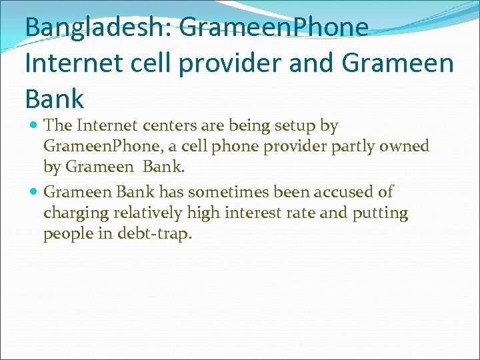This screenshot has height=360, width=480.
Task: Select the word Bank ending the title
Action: click(55, 99)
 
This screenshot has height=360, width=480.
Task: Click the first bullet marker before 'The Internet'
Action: click(35, 126)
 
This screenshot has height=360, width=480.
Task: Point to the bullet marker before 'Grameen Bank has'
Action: click(35, 193)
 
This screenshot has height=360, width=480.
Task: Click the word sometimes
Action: click(219, 192)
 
